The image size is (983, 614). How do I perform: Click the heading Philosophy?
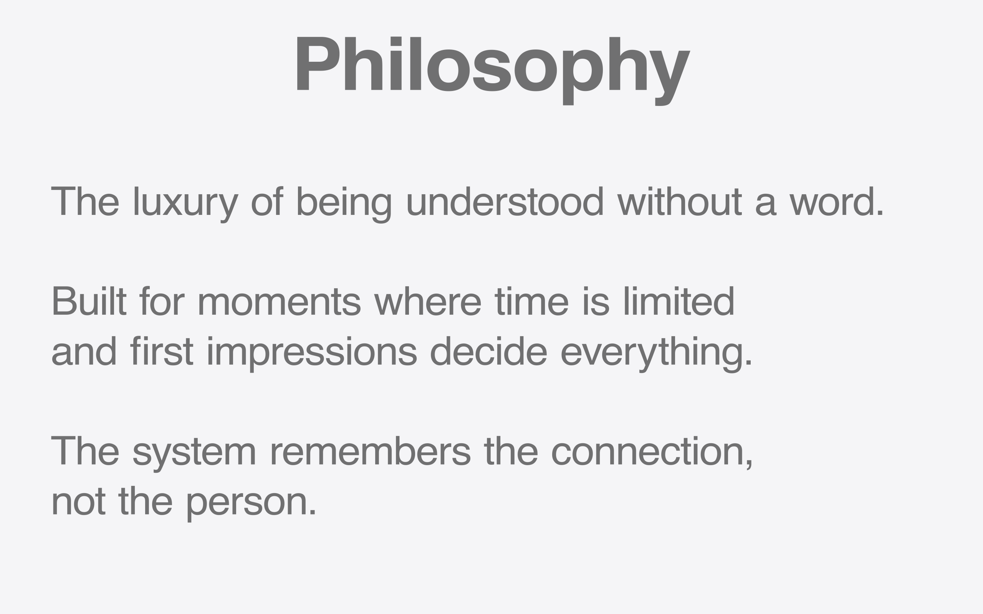tap(493, 71)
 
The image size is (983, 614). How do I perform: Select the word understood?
tap(505, 201)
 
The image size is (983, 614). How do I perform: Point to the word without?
tap(680, 201)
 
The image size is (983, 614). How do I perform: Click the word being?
tap(345, 205)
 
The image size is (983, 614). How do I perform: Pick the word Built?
tap(89, 301)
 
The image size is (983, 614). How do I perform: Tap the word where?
tap(428, 301)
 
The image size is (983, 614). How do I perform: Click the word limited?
tap(679, 301)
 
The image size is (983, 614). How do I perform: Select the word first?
tap(162, 351)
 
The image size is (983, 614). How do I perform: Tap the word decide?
tap(489, 351)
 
